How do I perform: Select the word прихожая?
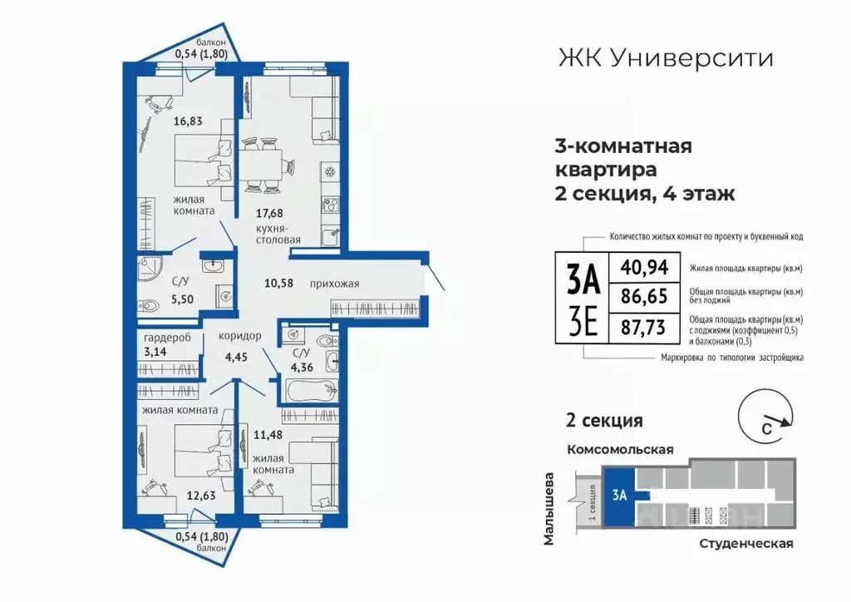[334, 284]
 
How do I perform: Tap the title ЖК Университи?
[663, 58]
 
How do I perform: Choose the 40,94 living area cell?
[642, 268]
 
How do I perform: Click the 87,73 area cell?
[642, 327]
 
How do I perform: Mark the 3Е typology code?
[583, 320]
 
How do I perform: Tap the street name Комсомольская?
[619, 449]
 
